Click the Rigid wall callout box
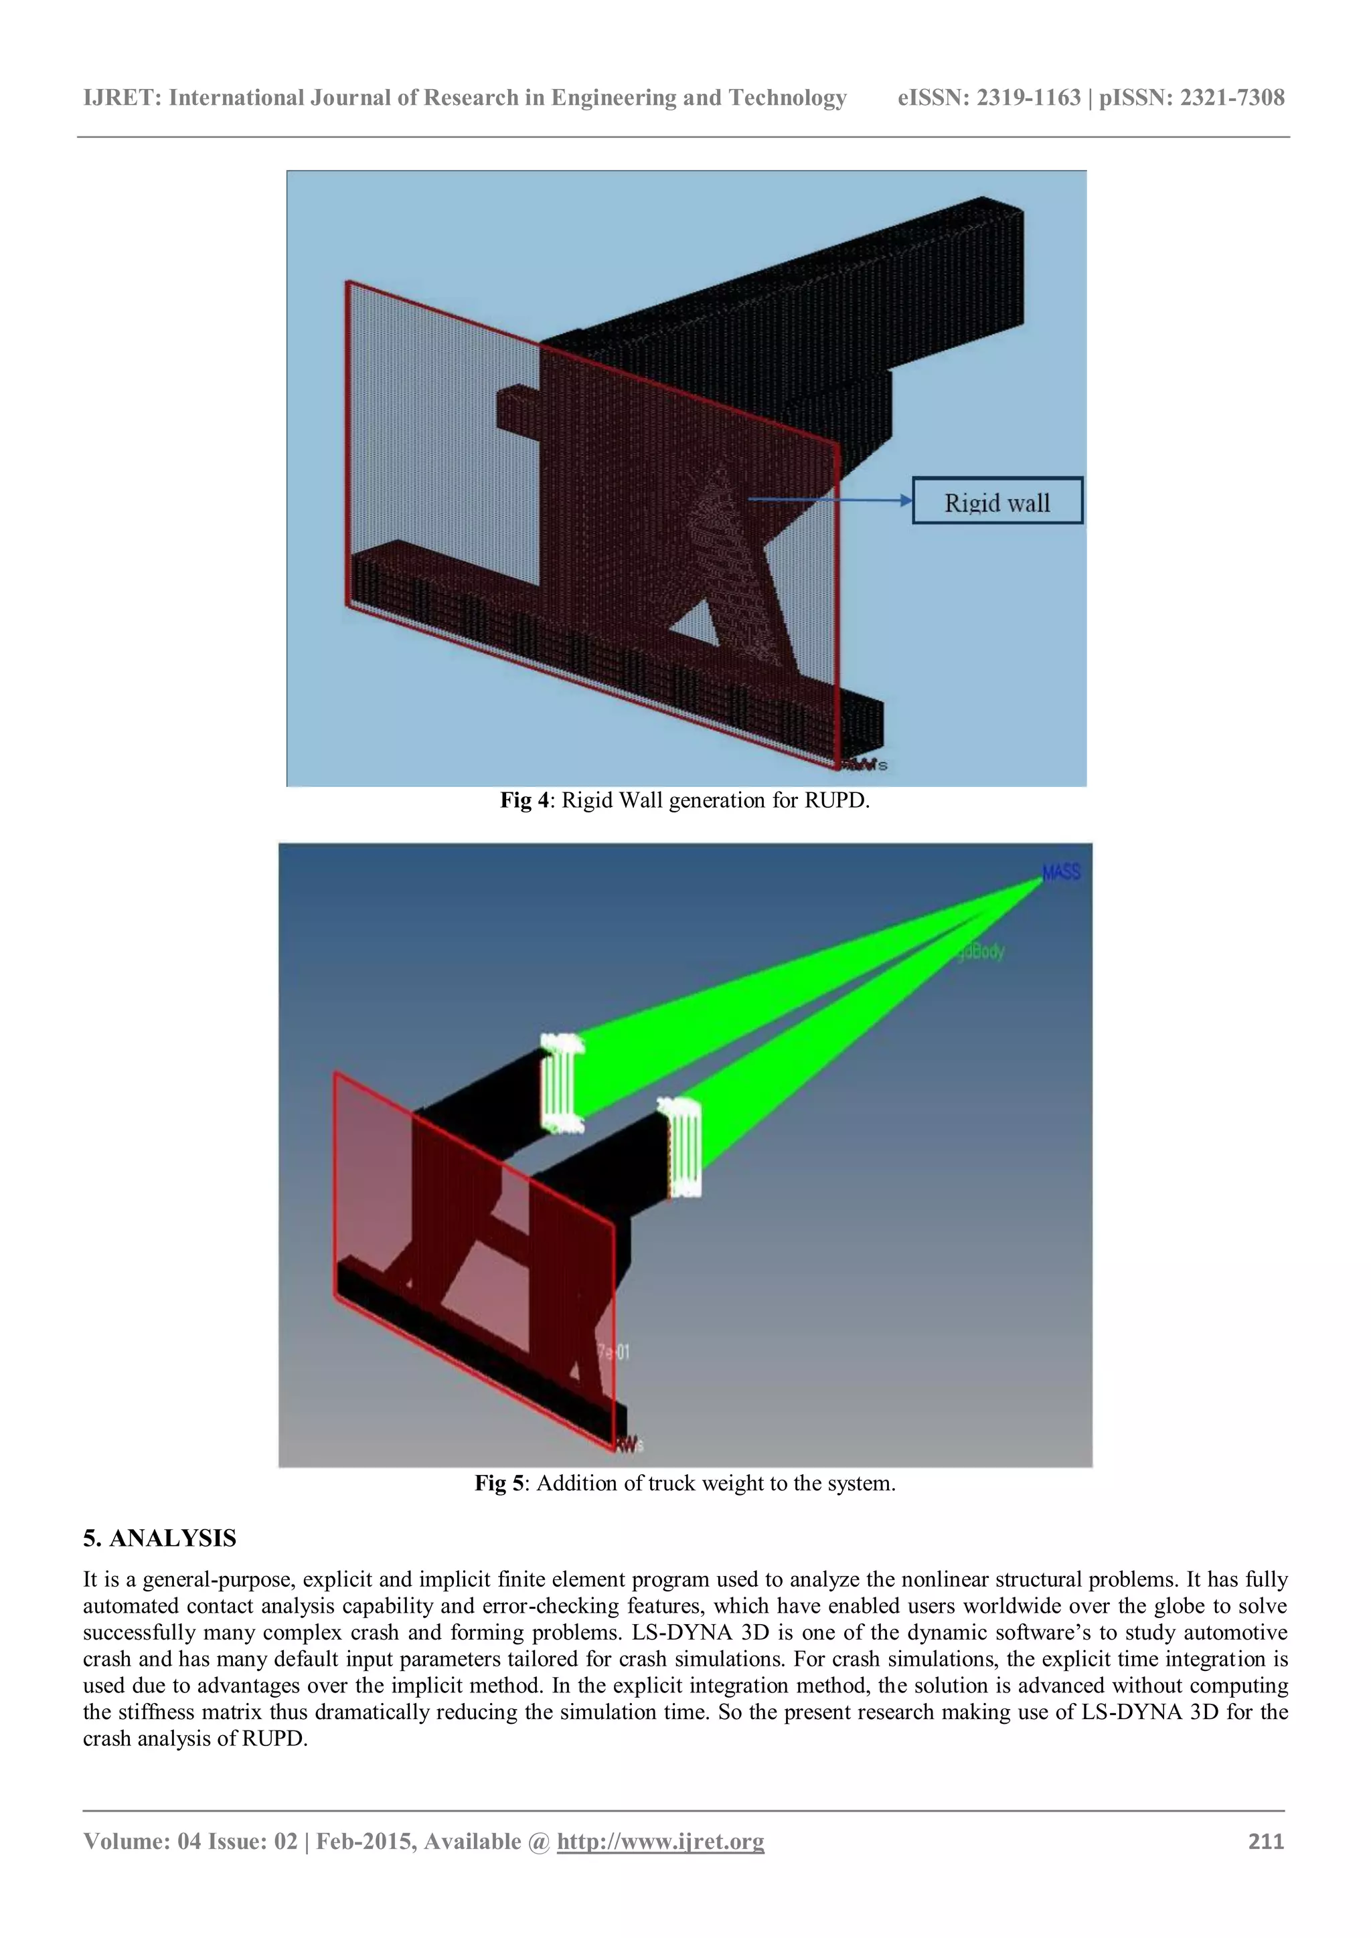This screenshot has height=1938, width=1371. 996,501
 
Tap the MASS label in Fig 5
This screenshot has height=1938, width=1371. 1060,873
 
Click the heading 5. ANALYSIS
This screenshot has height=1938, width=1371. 159,1538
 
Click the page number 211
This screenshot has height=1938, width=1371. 1265,1841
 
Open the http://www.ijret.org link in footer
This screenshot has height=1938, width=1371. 660,1841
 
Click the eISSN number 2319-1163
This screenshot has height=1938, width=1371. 1028,98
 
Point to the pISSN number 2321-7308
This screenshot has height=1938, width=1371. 1232,98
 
